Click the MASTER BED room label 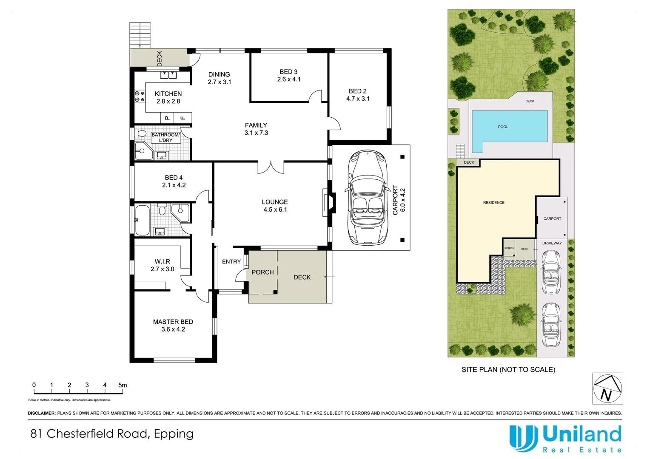173,322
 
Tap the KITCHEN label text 168,93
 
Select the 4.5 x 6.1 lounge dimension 275,210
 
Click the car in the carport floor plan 367,198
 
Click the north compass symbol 607,388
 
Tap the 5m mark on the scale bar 123,385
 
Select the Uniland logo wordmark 582,435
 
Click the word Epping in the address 174,433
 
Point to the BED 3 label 288,72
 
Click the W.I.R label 162,262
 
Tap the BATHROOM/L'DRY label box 165,137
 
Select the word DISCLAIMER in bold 42,413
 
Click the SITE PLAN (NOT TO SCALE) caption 508,370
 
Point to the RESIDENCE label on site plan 493,203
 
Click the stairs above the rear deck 140,35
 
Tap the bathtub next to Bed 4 142,220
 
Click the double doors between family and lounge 271,167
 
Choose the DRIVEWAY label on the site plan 552,243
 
